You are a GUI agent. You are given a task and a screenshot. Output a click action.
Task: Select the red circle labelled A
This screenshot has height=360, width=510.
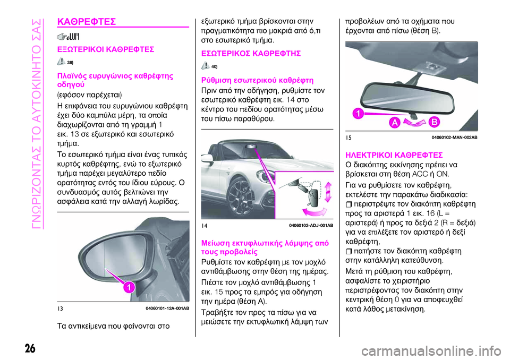(x=395, y=123)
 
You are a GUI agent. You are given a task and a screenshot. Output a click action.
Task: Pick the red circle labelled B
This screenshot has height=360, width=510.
(x=433, y=123)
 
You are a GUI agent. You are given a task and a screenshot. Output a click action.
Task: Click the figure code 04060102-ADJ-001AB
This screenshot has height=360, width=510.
(x=311, y=225)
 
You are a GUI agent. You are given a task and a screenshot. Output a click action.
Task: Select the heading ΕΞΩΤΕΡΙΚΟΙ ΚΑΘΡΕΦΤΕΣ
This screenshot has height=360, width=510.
(x=106, y=49)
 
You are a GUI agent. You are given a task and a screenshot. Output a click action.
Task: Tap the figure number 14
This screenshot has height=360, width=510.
(x=205, y=225)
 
